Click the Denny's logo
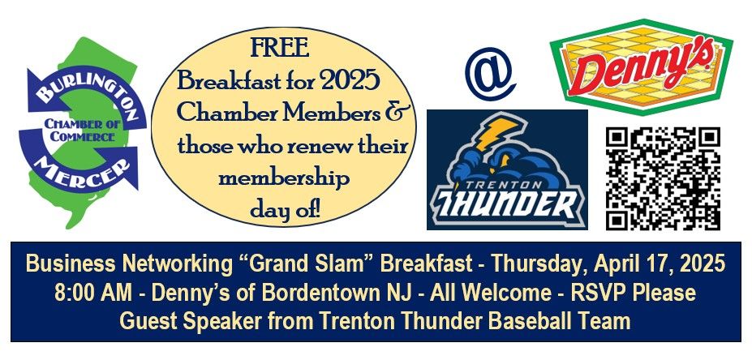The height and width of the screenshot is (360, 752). pyautogui.click(x=641, y=66)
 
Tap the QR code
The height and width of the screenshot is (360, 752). pyautogui.click(x=663, y=178)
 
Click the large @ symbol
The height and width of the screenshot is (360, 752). pyautogui.click(x=490, y=73)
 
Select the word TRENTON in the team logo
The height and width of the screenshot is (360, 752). pyautogui.click(x=507, y=185)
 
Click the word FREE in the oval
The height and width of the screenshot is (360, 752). pyautogui.click(x=281, y=48)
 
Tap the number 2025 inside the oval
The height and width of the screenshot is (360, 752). pyautogui.click(x=350, y=82)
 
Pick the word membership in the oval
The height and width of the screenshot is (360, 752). pyautogui.click(x=284, y=179)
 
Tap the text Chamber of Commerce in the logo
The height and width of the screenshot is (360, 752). pyautogui.click(x=83, y=131)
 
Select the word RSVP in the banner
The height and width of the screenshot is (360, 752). pyautogui.click(x=594, y=293)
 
